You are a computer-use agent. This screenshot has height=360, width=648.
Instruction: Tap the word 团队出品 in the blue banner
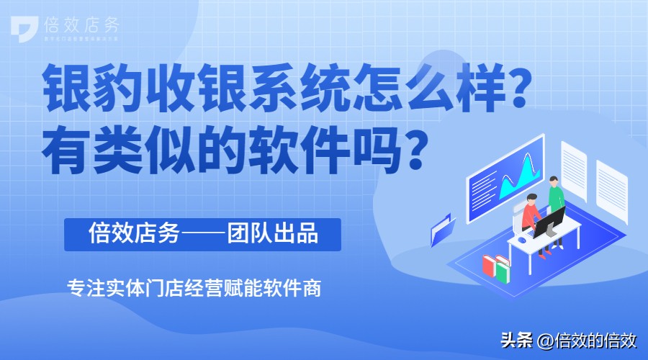pos(274,235)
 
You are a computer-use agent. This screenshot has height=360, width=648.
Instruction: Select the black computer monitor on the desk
pos(548,220)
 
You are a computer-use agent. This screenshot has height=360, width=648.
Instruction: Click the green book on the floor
pos(501,270)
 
